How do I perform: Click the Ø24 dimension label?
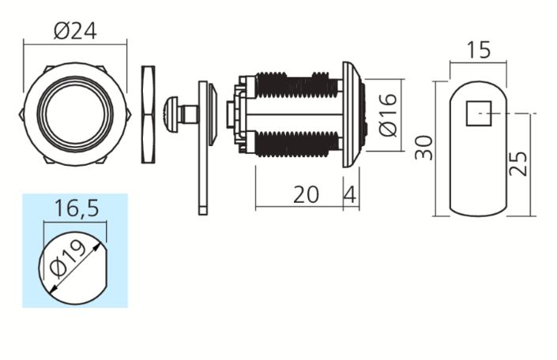pyautogui.click(x=75, y=32)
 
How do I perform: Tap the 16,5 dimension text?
pyautogui.click(x=77, y=208)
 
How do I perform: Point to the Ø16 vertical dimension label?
pyautogui.click(x=388, y=114)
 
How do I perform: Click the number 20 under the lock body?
pyautogui.click(x=306, y=194)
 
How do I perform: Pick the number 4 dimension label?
pyautogui.click(x=350, y=194)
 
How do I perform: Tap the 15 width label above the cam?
pyautogui.click(x=478, y=50)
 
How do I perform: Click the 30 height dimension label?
pyautogui.click(x=424, y=148)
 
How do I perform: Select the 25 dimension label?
pyautogui.click(x=518, y=163)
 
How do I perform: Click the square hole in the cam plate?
pyautogui.click(x=479, y=113)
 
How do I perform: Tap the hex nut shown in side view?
pyautogui.click(x=148, y=114)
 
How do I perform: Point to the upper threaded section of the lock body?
pyautogui.click(x=296, y=84)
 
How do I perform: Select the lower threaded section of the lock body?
pyautogui.click(x=296, y=144)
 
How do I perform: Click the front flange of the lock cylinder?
pyautogui.click(x=352, y=114)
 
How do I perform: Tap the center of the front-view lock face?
pyautogui.click(x=75, y=114)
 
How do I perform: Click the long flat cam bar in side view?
pyautogui.click(x=203, y=148)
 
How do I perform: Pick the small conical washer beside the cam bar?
pyautogui.click(x=213, y=114)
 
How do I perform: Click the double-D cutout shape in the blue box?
pyautogui.click(x=73, y=268)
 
